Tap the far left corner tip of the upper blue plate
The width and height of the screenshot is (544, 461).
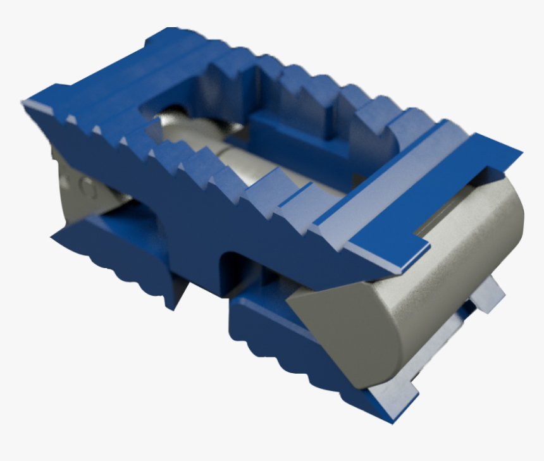(x=24, y=102)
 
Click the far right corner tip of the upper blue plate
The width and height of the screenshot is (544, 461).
(x=520, y=152)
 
